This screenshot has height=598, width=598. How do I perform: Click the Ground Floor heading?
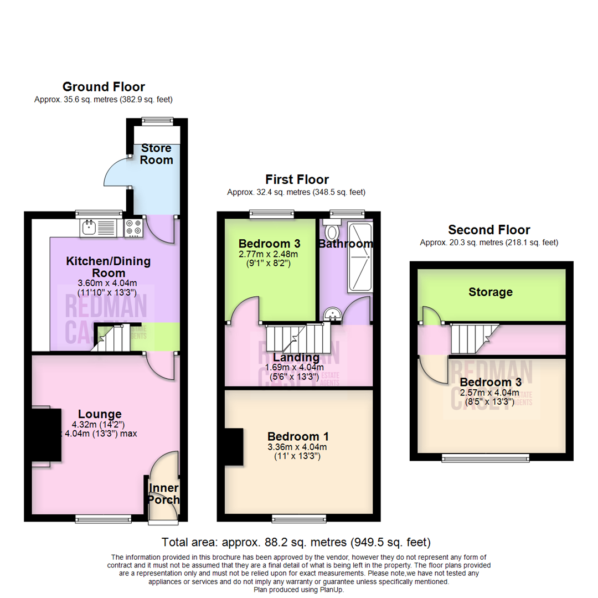[x=104, y=87]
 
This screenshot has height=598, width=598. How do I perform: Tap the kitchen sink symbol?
[x=97, y=226]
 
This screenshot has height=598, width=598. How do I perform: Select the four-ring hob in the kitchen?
[x=133, y=228]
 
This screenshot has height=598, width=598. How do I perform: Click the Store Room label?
[x=156, y=154]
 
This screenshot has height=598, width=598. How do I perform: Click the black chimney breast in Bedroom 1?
[x=234, y=447]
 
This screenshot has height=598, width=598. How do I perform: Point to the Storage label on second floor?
[x=490, y=292]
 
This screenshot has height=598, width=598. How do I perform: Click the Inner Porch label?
[x=163, y=494]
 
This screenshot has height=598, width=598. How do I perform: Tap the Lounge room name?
[x=100, y=414]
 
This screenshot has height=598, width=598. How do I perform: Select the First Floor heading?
[x=297, y=179]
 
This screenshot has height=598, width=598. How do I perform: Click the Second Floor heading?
[x=489, y=230]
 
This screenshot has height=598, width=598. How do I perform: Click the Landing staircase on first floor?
[x=294, y=338]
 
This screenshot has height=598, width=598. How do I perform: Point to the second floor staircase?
[x=471, y=338]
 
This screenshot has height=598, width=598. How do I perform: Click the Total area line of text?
[x=296, y=542]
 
